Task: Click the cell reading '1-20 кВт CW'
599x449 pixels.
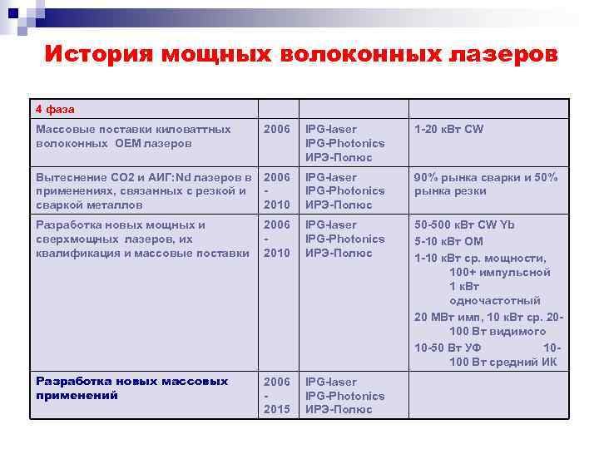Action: pos(448,130)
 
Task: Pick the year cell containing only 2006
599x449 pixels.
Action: pos(277,130)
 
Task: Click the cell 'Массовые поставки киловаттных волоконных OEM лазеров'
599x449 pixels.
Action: pos(134,136)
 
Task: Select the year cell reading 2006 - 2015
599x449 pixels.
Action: pos(277,395)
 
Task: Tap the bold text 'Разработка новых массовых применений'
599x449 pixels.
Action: pos(131,388)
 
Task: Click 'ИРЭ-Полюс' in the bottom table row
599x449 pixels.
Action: pos(339,409)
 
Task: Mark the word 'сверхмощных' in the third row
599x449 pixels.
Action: pos(73,239)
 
